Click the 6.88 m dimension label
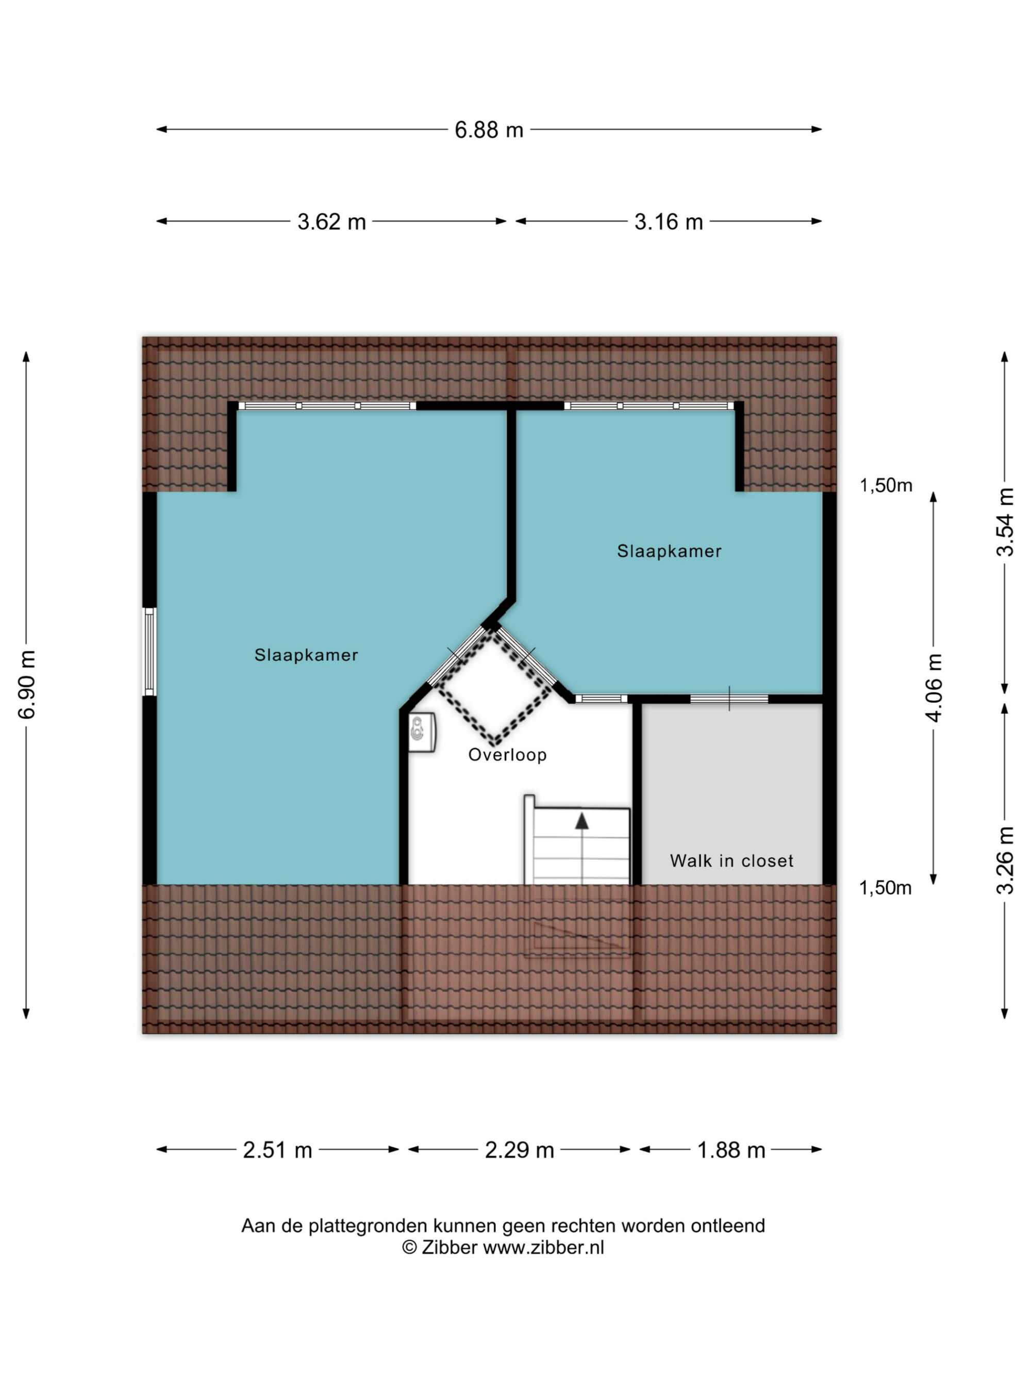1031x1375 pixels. (489, 130)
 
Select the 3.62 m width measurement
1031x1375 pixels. (331, 222)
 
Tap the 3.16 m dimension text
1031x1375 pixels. (668, 222)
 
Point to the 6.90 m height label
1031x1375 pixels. (27, 684)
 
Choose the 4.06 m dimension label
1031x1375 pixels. (934, 688)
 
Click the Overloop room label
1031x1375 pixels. (507, 755)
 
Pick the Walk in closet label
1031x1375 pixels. (731, 861)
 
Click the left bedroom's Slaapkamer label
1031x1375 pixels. (306, 655)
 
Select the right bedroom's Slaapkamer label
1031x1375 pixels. (669, 551)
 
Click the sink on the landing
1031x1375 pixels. (421, 732)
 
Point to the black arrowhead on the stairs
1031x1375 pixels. (581, 821)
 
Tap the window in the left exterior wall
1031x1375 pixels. (149, 652)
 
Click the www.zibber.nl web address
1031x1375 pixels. (543, 1265)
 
